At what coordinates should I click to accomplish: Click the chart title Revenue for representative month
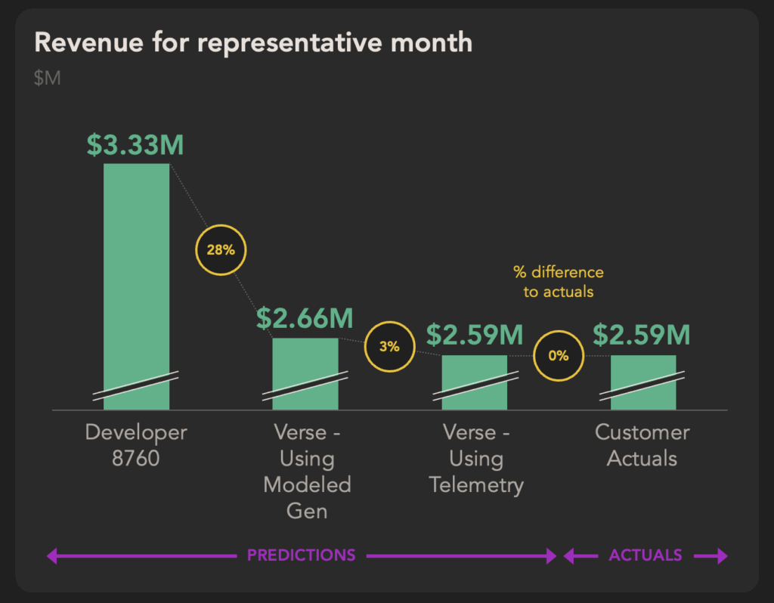253,42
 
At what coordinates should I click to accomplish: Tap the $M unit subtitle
48,78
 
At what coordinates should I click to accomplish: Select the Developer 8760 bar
136,286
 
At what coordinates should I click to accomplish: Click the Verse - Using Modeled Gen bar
305,373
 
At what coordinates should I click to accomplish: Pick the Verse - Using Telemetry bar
475,382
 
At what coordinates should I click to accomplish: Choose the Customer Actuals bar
643,382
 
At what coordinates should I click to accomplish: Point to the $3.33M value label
135,145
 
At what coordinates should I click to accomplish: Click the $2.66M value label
305,318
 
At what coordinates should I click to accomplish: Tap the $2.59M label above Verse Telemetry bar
475,335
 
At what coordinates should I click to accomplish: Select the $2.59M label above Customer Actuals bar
641,335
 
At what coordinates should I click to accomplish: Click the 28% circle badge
221,249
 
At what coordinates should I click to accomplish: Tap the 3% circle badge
389,346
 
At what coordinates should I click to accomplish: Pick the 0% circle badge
559,356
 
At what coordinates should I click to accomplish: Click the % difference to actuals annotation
559,282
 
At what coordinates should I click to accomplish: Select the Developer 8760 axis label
136,445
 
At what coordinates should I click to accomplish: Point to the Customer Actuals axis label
642,445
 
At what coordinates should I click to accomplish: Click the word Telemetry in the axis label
476,485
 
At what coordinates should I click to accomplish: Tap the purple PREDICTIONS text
301,555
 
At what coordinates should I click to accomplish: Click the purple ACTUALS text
646,555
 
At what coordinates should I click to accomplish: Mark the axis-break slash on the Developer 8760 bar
136,386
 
